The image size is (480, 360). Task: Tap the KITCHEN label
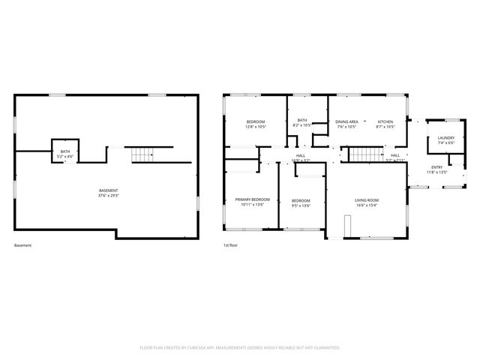(x=385, y=121)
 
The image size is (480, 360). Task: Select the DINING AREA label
(x=346, y=121)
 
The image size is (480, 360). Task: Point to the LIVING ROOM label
(x=367, y=200)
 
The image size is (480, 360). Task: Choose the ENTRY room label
(x=436, y=167)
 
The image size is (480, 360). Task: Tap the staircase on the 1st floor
(x=362, y=155)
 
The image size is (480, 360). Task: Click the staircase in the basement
(x=142, y=155)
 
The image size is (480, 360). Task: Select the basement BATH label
(x=65, y=151)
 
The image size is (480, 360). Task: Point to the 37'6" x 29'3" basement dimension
(x=108, y=196)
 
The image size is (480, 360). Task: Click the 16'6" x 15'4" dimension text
(x=367, y=205)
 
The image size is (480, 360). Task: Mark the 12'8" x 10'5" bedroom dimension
(x=256, y=126)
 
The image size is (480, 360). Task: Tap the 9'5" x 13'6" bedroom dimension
(x=301, y=205)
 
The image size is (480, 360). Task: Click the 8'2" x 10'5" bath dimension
(x=302, y=126)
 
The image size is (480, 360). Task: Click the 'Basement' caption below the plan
(x=23, y=246)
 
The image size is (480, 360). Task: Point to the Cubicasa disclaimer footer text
(x=240, y=347)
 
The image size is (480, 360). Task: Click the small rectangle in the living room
(x=347, y=225)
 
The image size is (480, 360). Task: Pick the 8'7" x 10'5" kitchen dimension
(x=385, y=126)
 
